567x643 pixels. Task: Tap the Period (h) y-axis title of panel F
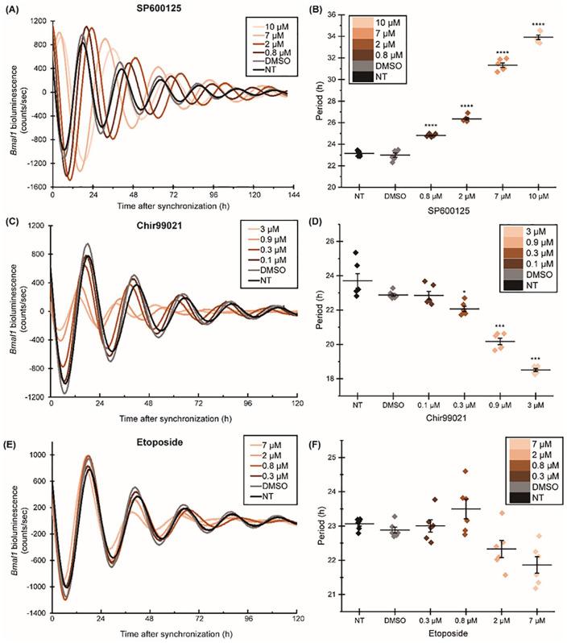320,525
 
